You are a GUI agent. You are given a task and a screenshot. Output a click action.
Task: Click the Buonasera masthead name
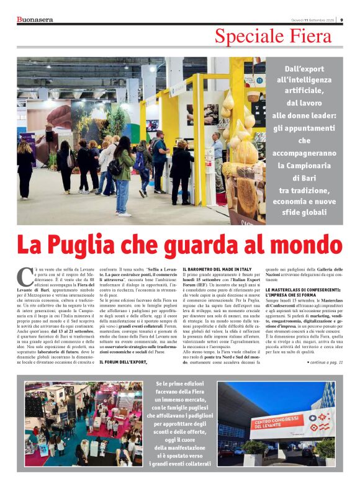tap(35, 19)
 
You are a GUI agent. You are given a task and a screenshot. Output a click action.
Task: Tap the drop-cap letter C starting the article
tap(22, 274)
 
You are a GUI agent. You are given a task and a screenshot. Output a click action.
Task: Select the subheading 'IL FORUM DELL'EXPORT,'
tap(124, 361)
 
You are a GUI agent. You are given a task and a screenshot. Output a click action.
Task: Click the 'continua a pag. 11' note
tap(325, 361)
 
